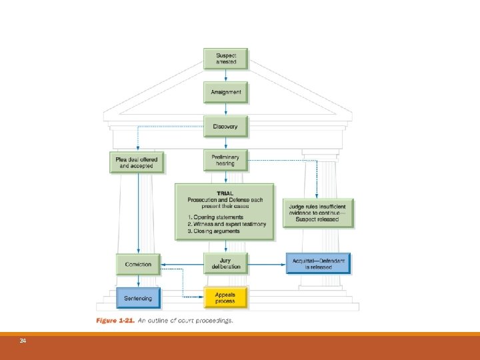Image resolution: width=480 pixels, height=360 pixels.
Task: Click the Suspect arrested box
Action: (225, 58)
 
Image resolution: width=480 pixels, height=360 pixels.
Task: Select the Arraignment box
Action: (225, 92)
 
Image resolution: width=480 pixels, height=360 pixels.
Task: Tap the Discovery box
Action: (225, 127)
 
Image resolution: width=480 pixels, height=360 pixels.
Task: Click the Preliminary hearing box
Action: (225, 161)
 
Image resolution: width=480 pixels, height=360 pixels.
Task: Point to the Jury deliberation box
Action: (225, 263)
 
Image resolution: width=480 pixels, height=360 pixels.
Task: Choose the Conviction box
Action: (138, 264)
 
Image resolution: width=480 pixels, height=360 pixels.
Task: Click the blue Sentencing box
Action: (138, 298)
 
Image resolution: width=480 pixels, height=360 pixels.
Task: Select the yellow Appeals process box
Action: (225, 297)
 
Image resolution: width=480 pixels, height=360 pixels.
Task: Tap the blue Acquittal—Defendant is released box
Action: (318, 263)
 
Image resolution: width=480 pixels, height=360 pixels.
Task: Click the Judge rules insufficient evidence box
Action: (318, 213)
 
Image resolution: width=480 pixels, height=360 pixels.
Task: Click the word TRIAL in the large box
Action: (225, 193)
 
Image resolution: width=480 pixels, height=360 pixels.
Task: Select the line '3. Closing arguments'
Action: (213, 231)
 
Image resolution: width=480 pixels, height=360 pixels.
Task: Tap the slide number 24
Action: (23, 341)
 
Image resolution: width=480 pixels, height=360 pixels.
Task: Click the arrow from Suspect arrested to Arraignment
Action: (225, 75)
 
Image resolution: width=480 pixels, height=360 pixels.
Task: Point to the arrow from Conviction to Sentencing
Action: (138, 281)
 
